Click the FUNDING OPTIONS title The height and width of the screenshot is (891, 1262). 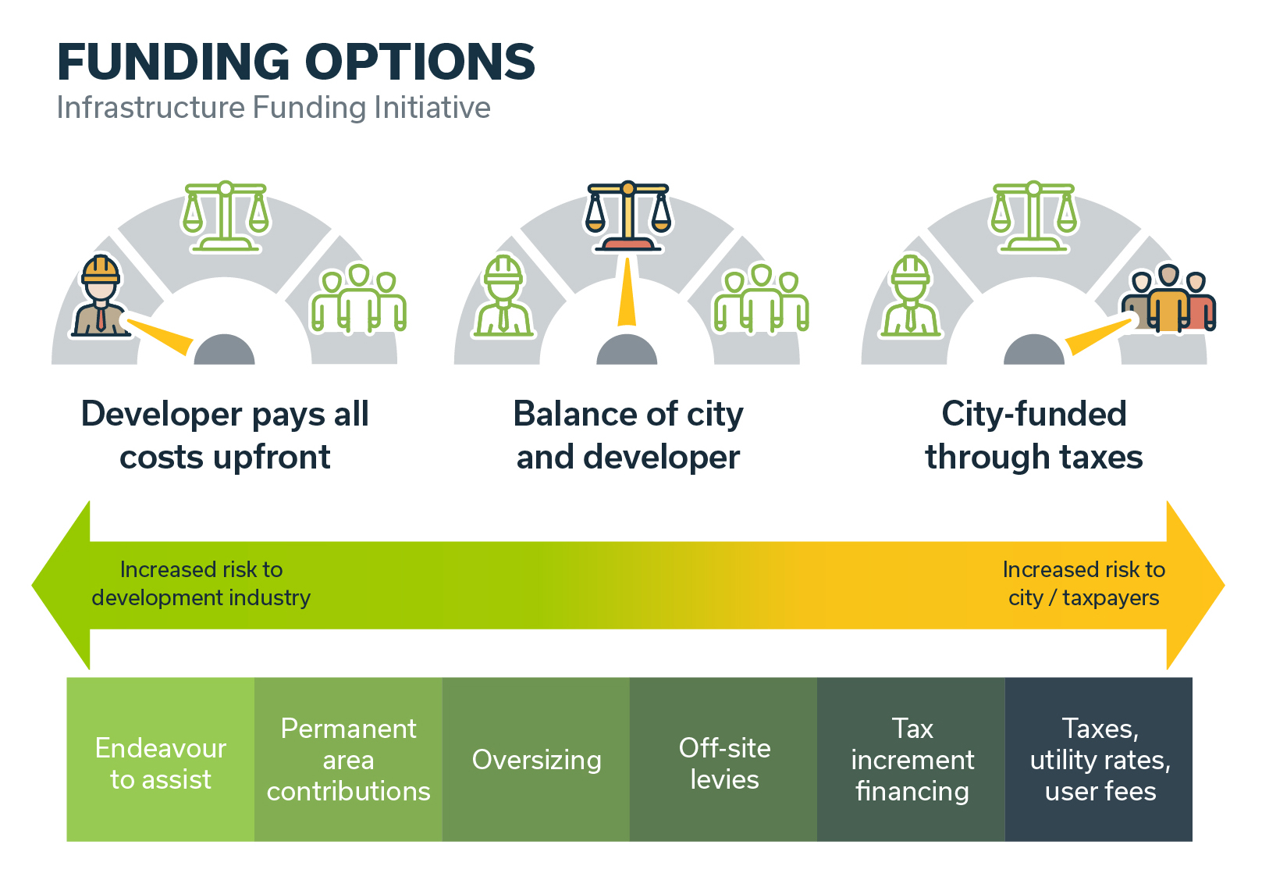[x=296, y=62]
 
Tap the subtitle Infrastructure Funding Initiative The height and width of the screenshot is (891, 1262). [x=273, y=108]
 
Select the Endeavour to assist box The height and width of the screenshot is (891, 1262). [x=161, y=759]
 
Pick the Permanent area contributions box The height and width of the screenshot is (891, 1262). [x=348, y=759]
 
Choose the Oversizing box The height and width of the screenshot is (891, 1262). [x=536, y=759]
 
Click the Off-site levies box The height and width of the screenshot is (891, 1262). [x=723, y=759]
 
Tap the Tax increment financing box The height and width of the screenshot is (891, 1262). [x=911, y=759]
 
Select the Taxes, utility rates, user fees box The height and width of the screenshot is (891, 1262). [x=1099, y=759]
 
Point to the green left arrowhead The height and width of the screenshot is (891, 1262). [x=62, y=586]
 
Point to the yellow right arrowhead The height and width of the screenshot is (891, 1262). [x=1194, y=586]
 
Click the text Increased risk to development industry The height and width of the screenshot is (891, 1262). [x=201, y=583]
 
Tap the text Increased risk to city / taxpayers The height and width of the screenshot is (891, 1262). [x=1083, y=583]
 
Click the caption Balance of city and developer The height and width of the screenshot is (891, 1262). [x=627, y=435]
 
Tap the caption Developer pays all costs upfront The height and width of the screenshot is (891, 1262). [x=225, y=435]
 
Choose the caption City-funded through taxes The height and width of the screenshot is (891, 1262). [x=1034, y=435]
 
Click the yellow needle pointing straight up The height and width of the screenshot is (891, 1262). [x=627, y=292]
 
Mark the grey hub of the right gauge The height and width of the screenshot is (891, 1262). [x=1034, y=351]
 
